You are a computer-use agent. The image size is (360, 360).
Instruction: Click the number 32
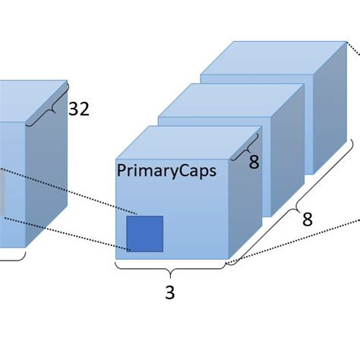tap(79, 109)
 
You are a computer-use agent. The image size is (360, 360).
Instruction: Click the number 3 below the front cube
tap(169, 292)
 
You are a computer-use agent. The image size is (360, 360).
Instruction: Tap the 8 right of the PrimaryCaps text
tap(254, 162)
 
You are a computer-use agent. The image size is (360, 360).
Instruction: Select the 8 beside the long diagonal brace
tap(307, 220)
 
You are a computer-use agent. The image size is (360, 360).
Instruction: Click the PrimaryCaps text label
tap(166, 171)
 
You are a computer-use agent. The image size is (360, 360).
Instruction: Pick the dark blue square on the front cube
tap(144, 234)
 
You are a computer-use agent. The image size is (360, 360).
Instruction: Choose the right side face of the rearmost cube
tap(334, 106)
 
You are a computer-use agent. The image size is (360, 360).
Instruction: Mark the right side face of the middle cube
tap(289, 144)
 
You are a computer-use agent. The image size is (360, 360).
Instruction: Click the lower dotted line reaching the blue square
tap(68, 232)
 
